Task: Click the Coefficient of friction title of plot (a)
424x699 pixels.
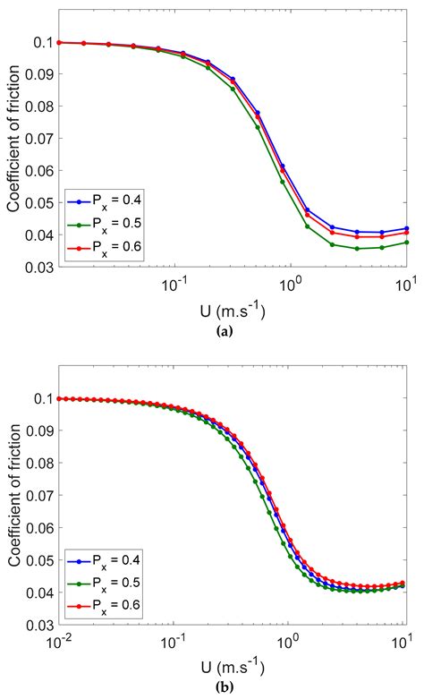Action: (13, 154)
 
